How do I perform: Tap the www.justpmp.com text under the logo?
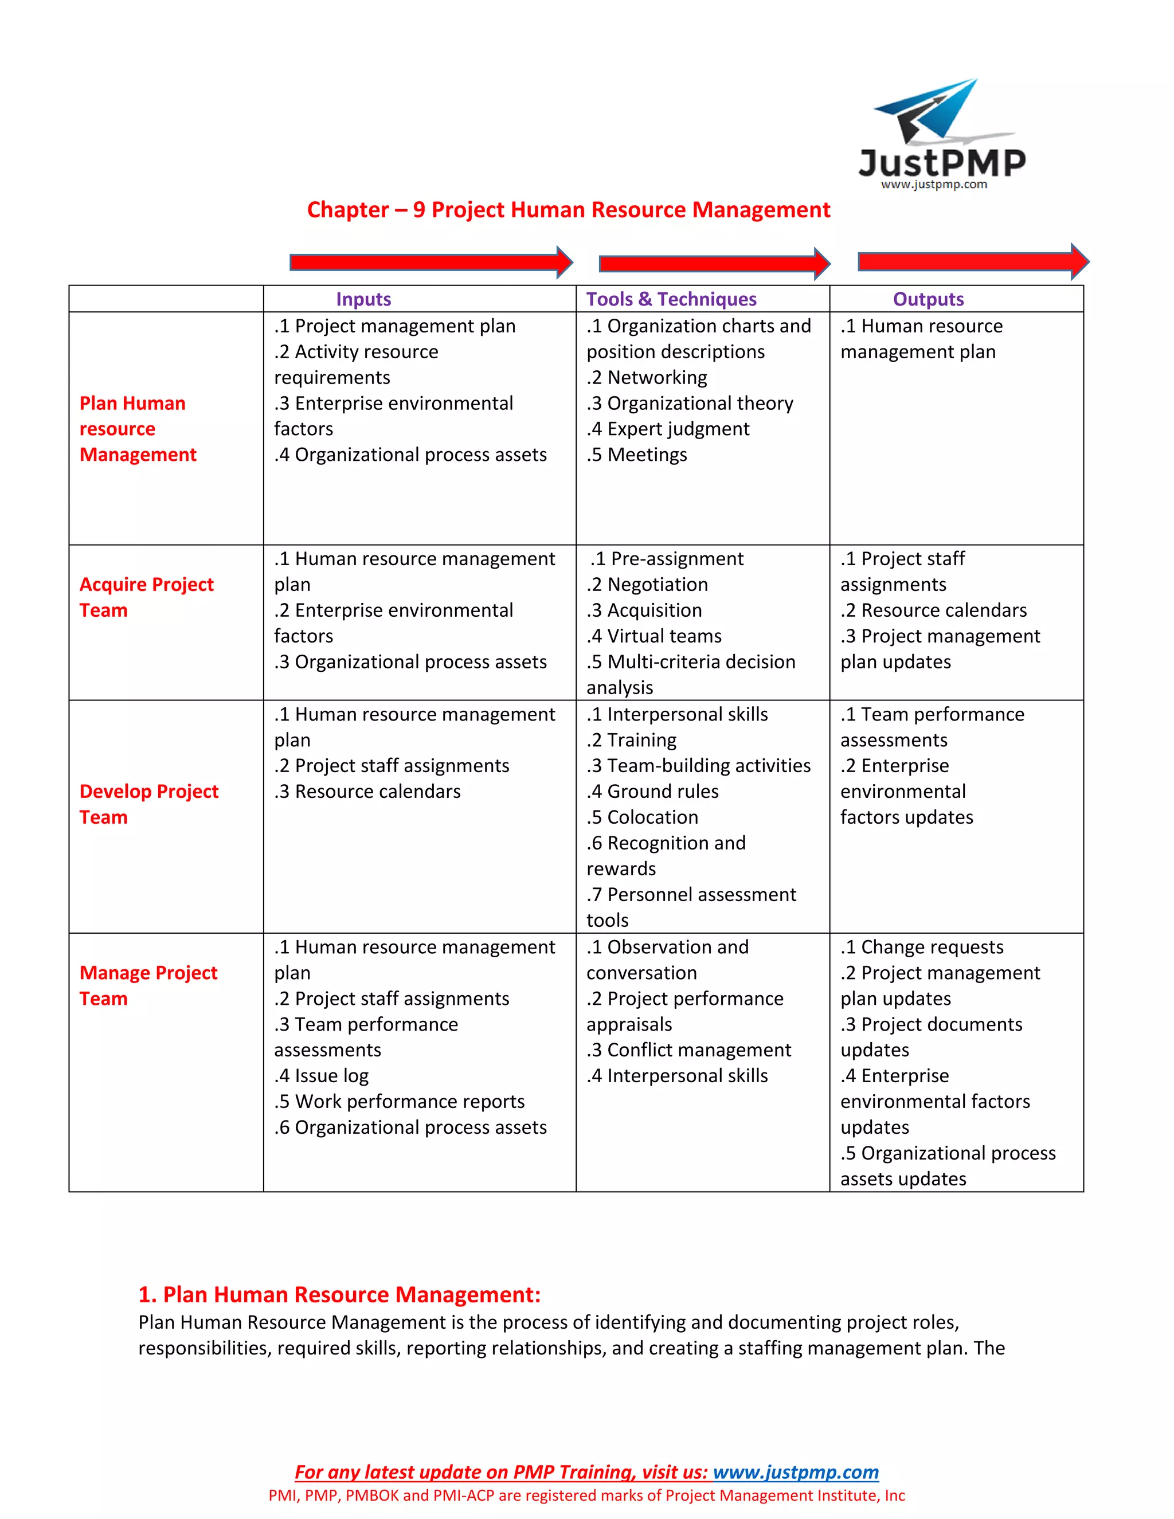933,185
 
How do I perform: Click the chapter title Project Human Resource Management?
568,209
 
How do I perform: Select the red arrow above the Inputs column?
431,262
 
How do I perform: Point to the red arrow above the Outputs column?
972,261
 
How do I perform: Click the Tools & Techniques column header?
671,299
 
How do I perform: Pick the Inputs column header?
363,299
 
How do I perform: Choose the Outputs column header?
928,299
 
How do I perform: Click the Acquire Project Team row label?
146,597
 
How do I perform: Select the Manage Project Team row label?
147,985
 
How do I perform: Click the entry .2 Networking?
646,377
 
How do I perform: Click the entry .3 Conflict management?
688,1050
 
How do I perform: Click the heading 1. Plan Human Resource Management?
339,1294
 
